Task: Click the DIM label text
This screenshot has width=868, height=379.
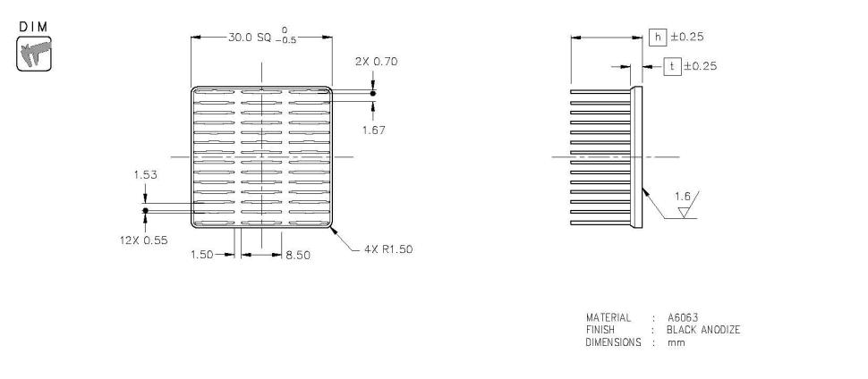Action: [33, 27]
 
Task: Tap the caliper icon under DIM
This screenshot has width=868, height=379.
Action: [34, 54]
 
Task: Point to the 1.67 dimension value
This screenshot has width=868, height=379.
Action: [373, 130]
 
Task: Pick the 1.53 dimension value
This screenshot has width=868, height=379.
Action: [146, 174]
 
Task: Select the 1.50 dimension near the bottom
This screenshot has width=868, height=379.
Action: [205, 255]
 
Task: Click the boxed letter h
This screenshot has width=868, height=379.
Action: [658, 37]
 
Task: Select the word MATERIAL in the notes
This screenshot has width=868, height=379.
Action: [608, 318]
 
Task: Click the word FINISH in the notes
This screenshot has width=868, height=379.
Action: [601, 330]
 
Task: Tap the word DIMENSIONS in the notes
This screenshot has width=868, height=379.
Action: [613, 341]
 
